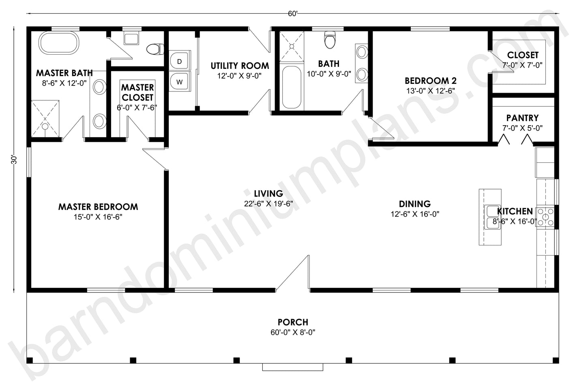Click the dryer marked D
click(180, 61)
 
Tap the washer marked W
click(180, 81)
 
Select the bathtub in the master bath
click(59, 43)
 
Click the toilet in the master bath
click(155, 49)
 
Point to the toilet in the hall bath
click(330, 40)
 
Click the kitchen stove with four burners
click(545, 217)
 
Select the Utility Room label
click(240, 66)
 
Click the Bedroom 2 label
click(431, 81)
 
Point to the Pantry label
click(522, 118)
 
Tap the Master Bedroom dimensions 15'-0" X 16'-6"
click(98, 217)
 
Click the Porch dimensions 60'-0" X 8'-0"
click(293, 332)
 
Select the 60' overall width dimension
click(293, 14)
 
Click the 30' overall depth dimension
click(14, 160)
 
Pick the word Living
click(269, 194)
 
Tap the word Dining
click(415, 204)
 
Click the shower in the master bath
click(45, 119)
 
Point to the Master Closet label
click(137, 92)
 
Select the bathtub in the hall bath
click(292, 87)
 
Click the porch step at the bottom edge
click(293, 367)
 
